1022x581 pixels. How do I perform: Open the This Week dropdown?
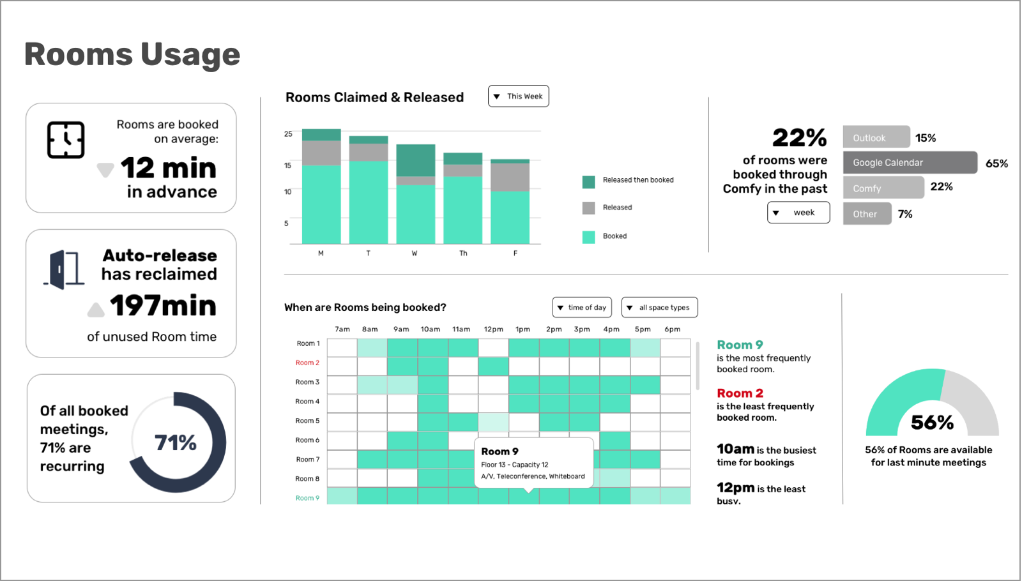point(518,96)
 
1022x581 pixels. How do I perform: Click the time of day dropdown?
point(582,307)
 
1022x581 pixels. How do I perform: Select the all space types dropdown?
point(659,307)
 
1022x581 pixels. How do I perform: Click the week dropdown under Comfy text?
point(798,213)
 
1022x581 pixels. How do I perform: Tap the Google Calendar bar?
point(910,163)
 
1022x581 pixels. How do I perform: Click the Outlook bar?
point(876,137)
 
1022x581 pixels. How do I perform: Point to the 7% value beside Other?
point(905,214)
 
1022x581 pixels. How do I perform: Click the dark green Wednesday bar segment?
point(416,160)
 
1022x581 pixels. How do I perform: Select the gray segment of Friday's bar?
point(510,177)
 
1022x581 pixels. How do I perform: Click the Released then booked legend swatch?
point(589,181)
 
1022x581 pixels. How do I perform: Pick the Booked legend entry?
point(614,236)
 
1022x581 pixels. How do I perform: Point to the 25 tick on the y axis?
point(288,134)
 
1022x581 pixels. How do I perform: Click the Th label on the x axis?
point(463,253)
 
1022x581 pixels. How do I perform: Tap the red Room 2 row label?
point(307,363)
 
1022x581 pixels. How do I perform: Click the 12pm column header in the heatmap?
point(493,329)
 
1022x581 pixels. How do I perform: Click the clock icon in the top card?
point(66,140)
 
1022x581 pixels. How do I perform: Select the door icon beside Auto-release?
point(64,269)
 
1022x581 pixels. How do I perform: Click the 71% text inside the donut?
point(176,442)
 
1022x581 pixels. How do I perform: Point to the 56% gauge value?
point(932,422)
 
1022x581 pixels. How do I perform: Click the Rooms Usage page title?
point(132,54)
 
